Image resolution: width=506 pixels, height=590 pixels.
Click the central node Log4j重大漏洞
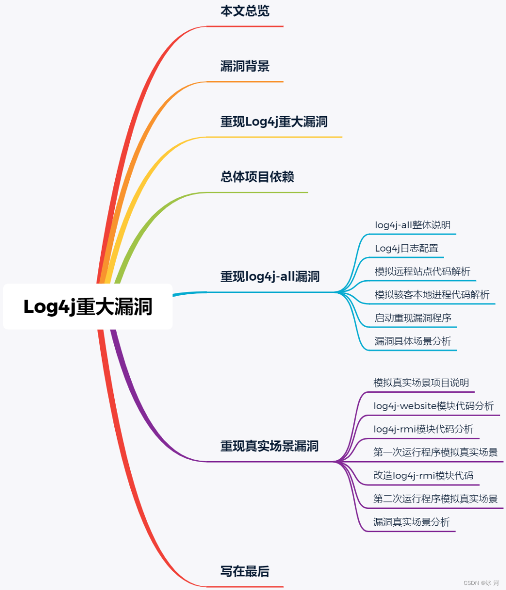(x=88, y=306)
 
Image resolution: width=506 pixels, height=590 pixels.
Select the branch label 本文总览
(x=245, y=11)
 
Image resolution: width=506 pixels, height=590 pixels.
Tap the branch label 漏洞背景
(x=245, y=67)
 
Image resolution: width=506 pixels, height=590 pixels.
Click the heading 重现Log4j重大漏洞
(x=274, y=122)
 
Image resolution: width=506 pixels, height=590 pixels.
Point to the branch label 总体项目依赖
(x=257, y=177)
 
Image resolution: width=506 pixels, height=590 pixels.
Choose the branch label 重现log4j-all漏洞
(x=270, y=277)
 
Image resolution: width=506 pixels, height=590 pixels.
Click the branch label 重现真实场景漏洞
(x=269, y=446)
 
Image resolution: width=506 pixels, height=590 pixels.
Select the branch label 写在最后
(x=245, y=572)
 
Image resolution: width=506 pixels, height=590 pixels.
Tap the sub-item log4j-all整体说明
(x=412, y=225)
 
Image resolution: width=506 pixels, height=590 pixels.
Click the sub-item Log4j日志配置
(x=406, y=248)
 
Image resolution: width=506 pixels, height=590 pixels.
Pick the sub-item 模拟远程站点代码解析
(x=422, y=272)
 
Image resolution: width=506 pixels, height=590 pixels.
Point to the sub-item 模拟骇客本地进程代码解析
(x=432, y=295)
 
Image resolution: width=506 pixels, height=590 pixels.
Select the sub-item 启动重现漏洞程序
(x=413, y=318)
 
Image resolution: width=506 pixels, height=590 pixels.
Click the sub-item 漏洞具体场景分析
(x=412, y=341)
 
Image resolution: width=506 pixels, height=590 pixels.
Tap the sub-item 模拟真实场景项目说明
(x=421, y=383)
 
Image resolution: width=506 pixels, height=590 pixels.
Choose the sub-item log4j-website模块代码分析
(x=433, y=406)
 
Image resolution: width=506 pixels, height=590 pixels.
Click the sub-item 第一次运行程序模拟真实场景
(x=435, y=452)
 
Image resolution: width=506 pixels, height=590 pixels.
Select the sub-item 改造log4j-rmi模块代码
(x=423, y=476)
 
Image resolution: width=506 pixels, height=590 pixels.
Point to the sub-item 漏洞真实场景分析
(x=411, y=522)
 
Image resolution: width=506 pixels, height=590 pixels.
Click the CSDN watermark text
(x=481, y=583)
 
